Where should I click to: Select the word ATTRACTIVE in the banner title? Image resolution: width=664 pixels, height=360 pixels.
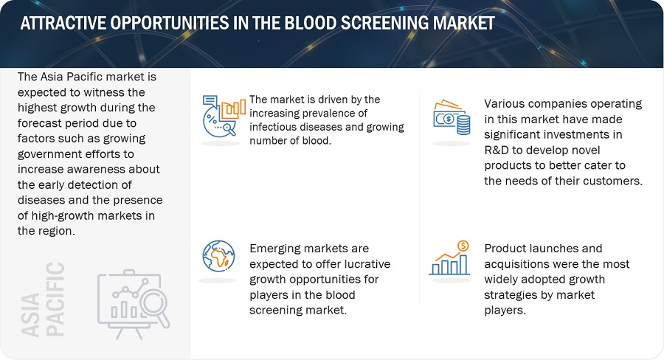tap(63, 23)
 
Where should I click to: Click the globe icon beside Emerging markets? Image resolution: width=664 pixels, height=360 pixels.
tap(218, 256)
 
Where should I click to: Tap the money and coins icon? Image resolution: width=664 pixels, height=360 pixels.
tap(452, 117)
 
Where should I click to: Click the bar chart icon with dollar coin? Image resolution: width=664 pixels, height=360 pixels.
tap(450, 258)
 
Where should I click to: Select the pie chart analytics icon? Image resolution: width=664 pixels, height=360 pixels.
tap(223, 116)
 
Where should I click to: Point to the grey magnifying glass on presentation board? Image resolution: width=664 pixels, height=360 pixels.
tap(154, 307)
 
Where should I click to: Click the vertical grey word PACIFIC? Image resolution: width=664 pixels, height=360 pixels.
tap(55, 299)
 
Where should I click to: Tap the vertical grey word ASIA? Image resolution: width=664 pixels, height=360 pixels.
tap(30, 315)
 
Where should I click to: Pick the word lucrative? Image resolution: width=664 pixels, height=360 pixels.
tap(367, 264)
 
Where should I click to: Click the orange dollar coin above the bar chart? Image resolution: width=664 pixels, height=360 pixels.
tap(463, 246)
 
